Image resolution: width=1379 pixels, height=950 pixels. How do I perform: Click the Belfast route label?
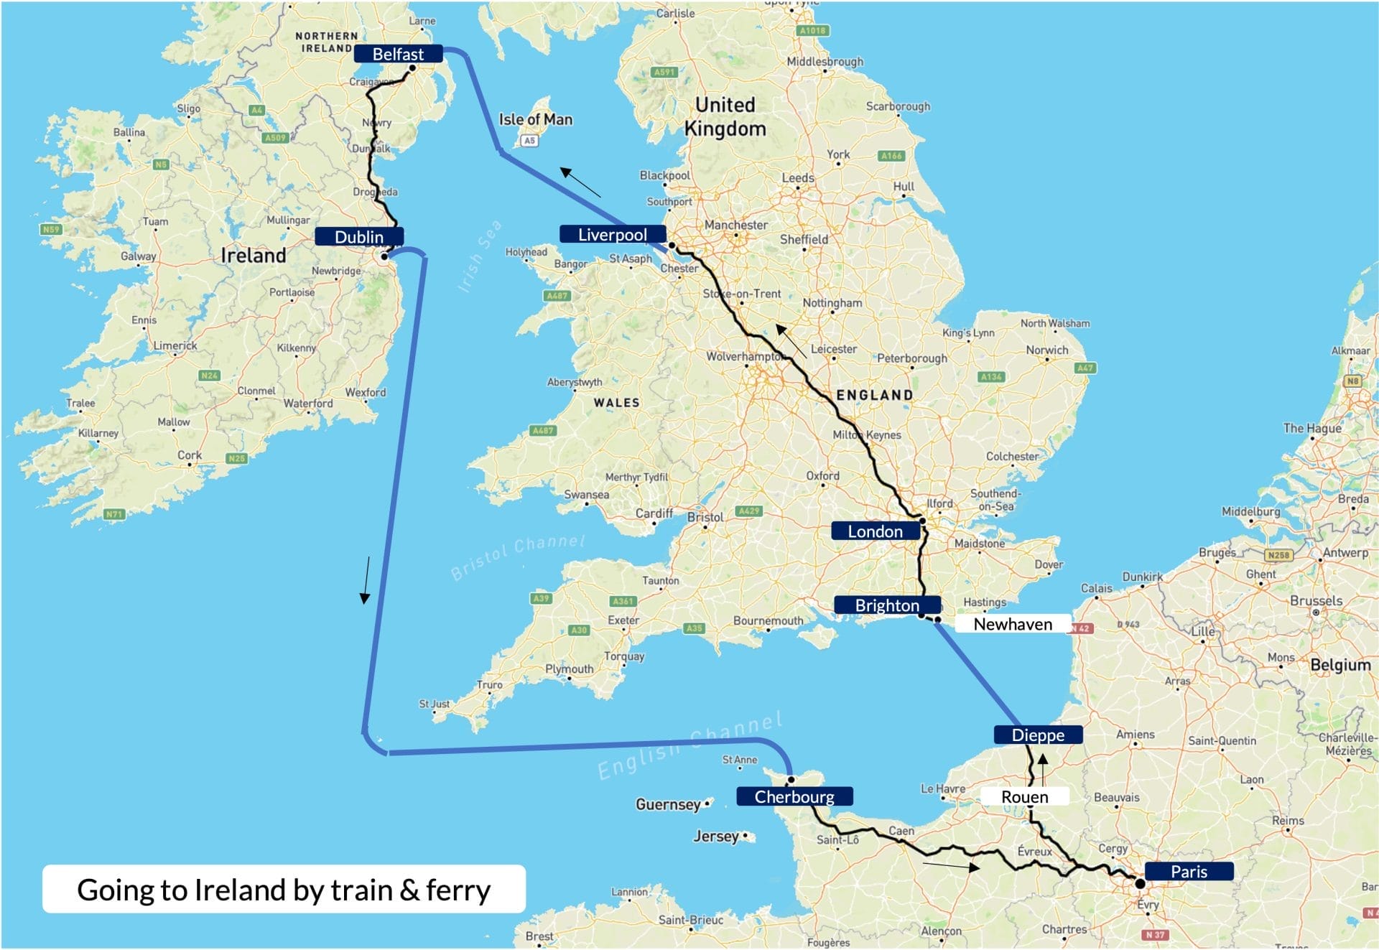[398, 55]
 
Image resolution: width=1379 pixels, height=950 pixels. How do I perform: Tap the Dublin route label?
[358, 237]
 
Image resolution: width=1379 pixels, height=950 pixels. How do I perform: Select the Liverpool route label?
[612, 235]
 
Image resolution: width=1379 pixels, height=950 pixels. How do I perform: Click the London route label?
[875, 531]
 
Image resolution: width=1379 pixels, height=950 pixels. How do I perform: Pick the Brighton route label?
[886, 605]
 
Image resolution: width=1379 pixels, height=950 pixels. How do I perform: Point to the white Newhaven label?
[1012, 624]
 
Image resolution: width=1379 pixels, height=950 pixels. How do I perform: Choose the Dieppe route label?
[1037, 735]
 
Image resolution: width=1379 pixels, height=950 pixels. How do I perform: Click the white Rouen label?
[1024, 796]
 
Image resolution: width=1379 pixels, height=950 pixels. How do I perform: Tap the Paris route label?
[1188, 871]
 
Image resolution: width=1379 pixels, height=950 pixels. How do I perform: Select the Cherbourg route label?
[794, 796]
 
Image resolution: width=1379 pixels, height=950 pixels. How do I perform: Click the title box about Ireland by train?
[284, 889]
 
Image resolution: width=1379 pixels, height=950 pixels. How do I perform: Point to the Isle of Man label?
[536, 119]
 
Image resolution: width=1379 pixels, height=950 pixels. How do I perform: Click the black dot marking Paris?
[1140, 883]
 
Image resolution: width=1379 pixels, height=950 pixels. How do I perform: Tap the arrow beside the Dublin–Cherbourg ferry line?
[366, 579]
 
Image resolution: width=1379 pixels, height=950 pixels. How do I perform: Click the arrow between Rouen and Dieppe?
[1043, 768]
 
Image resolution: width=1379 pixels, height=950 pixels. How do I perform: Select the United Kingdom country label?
[725, 116]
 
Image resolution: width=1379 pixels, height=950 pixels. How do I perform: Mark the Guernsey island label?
[667, 804]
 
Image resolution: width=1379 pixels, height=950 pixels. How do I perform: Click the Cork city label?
[190, 455]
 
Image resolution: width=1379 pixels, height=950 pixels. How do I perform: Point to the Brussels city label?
[1316, 600]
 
